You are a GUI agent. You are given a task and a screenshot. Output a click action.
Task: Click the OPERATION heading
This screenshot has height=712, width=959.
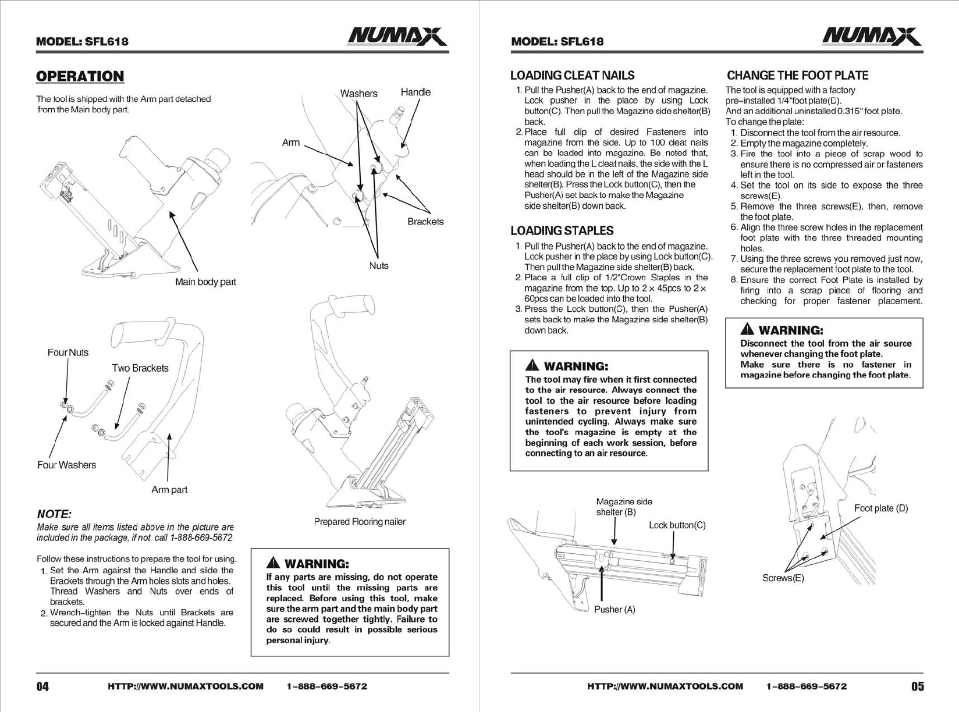pyautogui.click(x=80, y=76)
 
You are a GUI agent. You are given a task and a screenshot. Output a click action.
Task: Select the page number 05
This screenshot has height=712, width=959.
pyautogui.click(x=917, y=686)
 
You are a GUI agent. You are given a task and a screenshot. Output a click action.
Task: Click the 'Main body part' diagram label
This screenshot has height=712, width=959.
pyautogui.click(x=205, y=282)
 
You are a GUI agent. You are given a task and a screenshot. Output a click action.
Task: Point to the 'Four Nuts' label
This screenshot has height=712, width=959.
pyautogui.click(x=68, y=353)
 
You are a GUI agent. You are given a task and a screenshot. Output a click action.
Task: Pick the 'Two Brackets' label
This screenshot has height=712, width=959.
pyautogui.click(x=140, y=368)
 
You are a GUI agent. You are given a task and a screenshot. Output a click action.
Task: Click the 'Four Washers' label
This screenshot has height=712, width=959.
pyautogui.click(x=66, y=465)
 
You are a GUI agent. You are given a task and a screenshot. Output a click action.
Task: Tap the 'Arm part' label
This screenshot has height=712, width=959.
pyautogui.click(x=169, y=489)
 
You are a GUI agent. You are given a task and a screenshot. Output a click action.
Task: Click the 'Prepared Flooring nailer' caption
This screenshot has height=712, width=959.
pyautogui.click(x=360, y=522)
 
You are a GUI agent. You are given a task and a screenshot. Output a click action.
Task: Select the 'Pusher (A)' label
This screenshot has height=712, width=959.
pyautogui.click(x=615, y=609)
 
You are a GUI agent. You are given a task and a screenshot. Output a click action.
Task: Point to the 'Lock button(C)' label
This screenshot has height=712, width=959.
pyautogui.click(x=677, y=525)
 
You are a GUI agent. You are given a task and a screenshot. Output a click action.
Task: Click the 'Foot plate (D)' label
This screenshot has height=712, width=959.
pyautogui.click(x=881, y=508)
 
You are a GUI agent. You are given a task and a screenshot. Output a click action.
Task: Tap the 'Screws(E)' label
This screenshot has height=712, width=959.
pyautogui.click(x=783, y=578)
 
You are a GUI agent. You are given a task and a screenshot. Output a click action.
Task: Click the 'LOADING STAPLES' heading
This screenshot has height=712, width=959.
pyautogui.click(x=562, y=230)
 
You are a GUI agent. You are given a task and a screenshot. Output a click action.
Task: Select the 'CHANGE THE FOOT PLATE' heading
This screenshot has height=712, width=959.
pyautogui.click(x=797, y=75)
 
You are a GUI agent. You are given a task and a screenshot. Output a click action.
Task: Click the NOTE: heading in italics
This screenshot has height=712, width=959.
pyautogui.click(x=54, y=514)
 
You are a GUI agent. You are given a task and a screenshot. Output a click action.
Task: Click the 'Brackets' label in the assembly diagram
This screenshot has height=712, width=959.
pyautogui.click(x=425, y=222)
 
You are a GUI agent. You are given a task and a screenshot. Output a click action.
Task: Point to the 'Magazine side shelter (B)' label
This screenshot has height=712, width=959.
pyautogui.click(x=624, y=507)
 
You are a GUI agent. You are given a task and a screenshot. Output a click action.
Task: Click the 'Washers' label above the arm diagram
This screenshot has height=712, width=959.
pyautogui.click(x=358, y=94)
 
